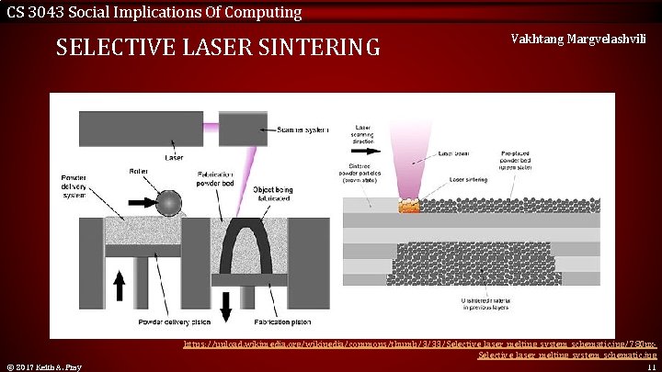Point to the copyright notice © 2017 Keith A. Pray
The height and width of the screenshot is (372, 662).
pyautogui.click(x=43, y=367)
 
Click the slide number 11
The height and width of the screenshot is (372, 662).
pyautogui.click(x=650, y=366)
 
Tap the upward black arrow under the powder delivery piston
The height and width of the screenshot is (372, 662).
pyautogui.click(x=119, y=286)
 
